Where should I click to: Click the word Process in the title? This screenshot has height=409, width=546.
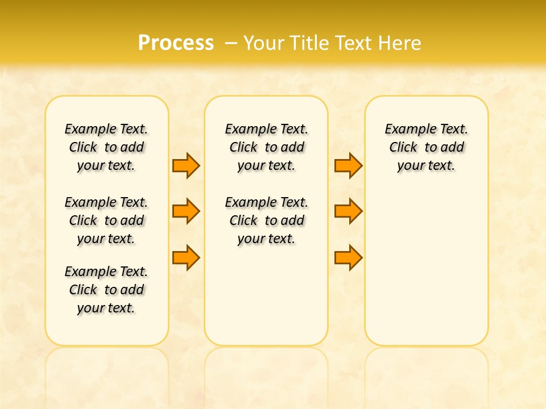click(x=176, y=43)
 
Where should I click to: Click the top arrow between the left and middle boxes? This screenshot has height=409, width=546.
click(x=186, y=165)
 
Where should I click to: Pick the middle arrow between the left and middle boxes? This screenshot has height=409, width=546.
click(x=186, y=211)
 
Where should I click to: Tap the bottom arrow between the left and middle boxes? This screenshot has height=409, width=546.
click(x=186, y=257)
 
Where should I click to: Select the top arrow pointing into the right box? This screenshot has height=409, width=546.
click(x=348, y=165)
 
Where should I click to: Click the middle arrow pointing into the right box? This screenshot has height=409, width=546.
click(x=348, y=211)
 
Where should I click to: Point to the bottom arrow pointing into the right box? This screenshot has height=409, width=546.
click(x=348, y=257)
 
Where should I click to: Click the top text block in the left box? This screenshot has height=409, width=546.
click(x=106, y=147)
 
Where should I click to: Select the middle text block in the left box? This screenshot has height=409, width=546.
click(x=106, y=220)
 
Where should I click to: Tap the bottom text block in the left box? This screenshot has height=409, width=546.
click(x=106, y=290)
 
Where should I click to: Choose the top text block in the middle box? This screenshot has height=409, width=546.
click(x=266, y=147)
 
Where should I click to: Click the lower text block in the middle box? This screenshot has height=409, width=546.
click(x=266, y=220)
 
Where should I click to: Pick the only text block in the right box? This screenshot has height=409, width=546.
click(x=427, y=147)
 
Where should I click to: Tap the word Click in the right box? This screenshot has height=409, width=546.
click(x=403, y=148)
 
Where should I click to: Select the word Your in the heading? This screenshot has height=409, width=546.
click(x=263, y=43)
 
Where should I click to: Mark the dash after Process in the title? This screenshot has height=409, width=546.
click(x=231, y=43)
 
